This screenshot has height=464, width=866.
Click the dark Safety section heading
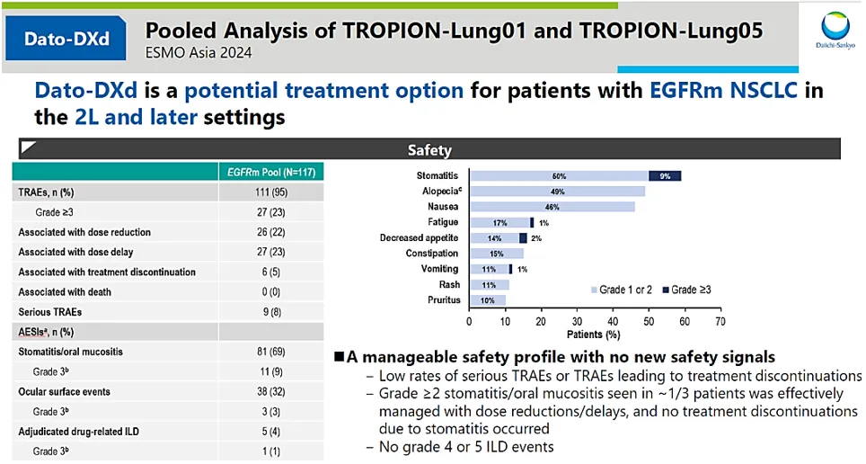(429, 150)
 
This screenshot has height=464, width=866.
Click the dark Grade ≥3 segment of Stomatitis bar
(665, 175)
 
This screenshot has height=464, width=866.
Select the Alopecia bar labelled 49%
(557, 192)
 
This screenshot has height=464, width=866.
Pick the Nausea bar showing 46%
(552, 207)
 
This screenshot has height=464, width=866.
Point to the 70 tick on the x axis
(719, 320)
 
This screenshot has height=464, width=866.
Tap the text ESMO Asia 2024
(199, 52)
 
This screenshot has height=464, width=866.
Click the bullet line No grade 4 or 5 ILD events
(464, 447)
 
